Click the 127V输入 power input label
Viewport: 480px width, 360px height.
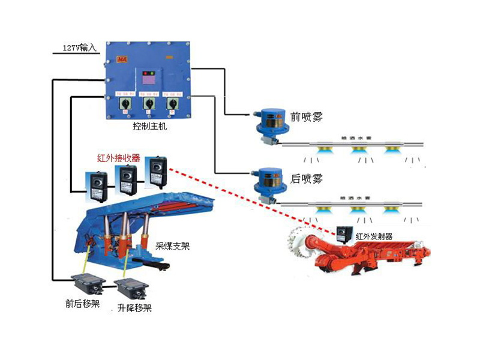tap(79, 47)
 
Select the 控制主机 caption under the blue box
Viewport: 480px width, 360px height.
tap(149, 127)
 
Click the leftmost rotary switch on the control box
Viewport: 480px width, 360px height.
tap(127, 104)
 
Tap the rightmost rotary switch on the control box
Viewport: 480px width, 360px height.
tap(172, 104)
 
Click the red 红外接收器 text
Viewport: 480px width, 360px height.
tap(119, 158)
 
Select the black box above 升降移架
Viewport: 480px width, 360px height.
tap(131, 286)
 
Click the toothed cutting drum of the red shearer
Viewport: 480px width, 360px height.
tap(300, 244)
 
